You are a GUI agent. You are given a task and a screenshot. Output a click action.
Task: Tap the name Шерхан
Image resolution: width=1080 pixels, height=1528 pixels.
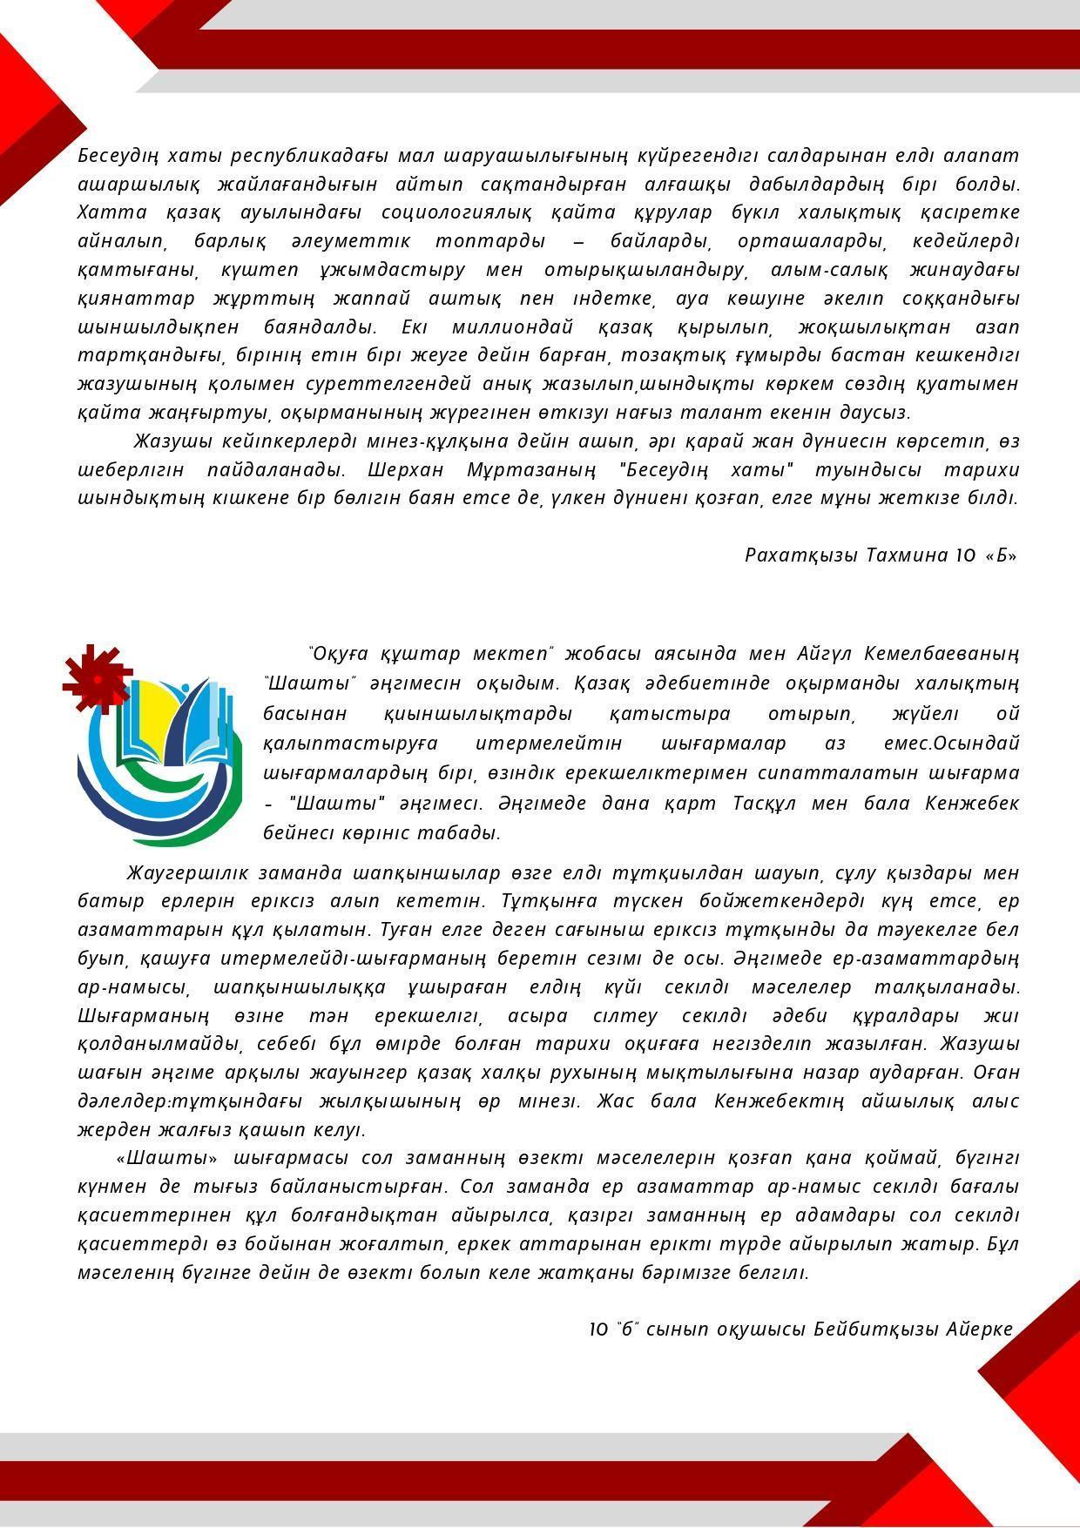(x=405, y=470)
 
